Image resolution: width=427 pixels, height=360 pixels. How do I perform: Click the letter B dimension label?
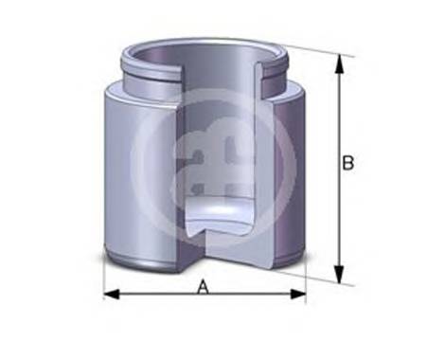coord(347,163)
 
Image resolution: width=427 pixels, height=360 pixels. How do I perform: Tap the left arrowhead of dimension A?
coord(109,295)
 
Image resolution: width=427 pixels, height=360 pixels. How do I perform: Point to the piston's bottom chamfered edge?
coord(142,260)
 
